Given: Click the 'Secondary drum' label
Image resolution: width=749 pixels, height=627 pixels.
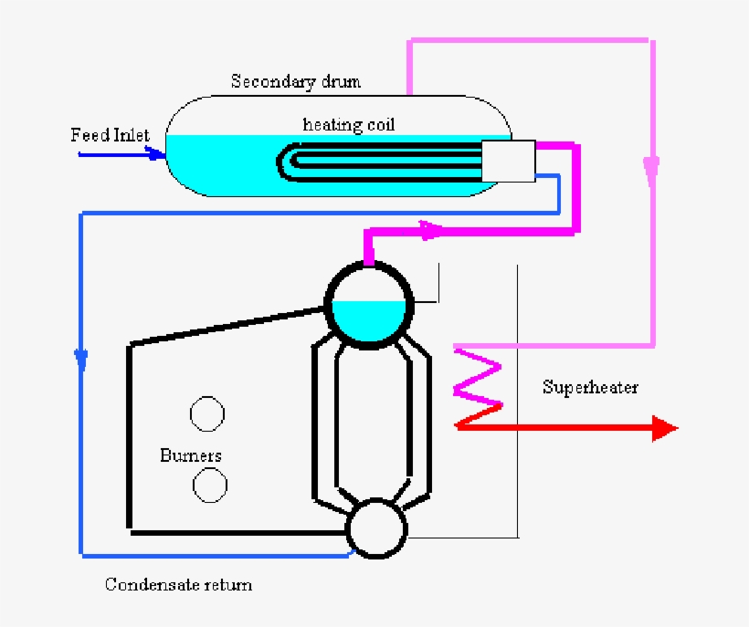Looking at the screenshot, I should [295, 82].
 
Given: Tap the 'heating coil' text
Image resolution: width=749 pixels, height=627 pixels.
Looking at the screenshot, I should [349, 125].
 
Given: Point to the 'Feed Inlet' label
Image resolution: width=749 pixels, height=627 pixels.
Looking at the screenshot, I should [110, 136].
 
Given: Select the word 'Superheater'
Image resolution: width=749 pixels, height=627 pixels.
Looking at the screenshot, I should [590, 387].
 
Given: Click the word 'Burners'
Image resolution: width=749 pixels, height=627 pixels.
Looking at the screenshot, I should [190, 455].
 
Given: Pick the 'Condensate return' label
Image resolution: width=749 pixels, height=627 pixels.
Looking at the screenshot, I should [178, 584].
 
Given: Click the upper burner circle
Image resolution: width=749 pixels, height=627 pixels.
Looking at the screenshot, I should [207, 413].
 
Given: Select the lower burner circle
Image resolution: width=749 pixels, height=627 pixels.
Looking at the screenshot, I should [210, 485].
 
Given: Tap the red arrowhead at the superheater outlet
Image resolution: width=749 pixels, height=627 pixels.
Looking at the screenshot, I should [664, 427].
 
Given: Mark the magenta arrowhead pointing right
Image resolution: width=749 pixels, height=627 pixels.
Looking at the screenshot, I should [430, 231].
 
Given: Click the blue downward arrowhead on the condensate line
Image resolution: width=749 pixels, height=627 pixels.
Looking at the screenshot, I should [83, 359].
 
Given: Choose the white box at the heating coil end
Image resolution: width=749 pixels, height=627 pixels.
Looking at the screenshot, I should [507, 162].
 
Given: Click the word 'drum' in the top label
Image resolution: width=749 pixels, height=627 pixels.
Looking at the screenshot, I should [342, 82].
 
